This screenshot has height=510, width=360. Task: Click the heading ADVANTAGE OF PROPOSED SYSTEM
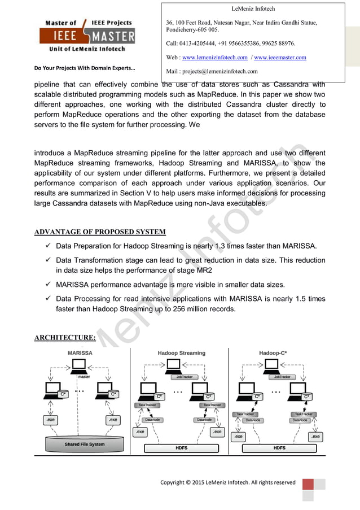click(x=100, y=232)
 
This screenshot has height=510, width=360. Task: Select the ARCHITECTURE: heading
click(x=64, y=338)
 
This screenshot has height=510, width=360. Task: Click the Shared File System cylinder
click(x=84, y=444)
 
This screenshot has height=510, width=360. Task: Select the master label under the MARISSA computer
click(x=84, y=377)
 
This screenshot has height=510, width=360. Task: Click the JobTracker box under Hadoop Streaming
click(x=184, y=377)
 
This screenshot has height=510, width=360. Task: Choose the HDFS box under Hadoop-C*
click(x=279, y=448)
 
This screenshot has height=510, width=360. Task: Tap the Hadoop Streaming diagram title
click(x=181, y=353)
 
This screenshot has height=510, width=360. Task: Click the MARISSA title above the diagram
click(x=80, y=353)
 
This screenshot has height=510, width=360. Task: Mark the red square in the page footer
click(x=308, y=484)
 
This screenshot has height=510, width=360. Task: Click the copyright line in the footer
click(x=228, y=482)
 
